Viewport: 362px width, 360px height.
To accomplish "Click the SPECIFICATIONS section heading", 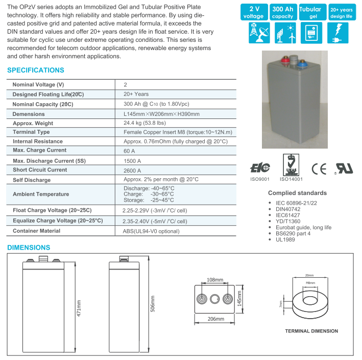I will pos(36,70).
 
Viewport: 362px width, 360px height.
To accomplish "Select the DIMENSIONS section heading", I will pos(29,248).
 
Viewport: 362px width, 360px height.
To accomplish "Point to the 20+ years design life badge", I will pos(341,13).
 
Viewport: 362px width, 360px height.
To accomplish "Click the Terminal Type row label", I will pos(31,132).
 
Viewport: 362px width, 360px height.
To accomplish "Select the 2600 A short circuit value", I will pos(133,170).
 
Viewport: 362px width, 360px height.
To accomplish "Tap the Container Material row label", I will pos(36,231).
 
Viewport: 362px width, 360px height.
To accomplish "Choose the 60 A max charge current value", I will pos(130,151).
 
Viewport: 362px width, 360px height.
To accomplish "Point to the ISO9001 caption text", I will pos(259,179).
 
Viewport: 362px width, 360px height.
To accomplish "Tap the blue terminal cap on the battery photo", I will pos(302,64).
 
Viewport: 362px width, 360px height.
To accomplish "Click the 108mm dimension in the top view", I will pos(215,280).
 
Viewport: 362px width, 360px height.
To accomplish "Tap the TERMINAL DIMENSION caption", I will pos(311,331).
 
